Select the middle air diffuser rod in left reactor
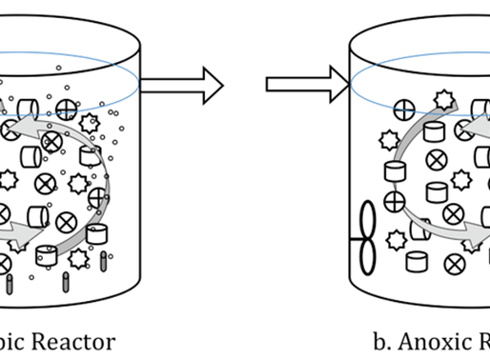click(65, 282)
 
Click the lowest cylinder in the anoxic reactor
click(416, 261)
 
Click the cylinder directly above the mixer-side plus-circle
click(394, 172)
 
